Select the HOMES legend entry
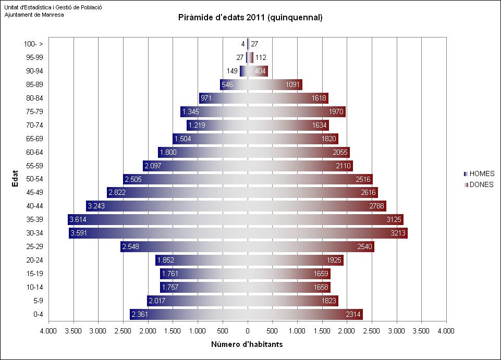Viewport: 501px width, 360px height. click(481, 174)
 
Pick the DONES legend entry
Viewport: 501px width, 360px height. click(481, 184)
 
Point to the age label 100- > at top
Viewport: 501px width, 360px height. click(33, 44)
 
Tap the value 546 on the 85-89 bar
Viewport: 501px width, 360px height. click(227, 84)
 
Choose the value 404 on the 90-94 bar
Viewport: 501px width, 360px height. click(261, 71)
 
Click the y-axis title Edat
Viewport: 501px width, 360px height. click(16, 179)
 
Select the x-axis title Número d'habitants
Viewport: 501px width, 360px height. click(247, 344)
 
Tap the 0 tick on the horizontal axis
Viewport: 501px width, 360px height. click(248, 330)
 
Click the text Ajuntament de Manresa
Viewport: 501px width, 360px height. click(34, 15)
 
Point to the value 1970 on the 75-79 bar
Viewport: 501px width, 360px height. click(336, 111)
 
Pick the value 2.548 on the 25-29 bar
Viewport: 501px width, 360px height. click(131, 246)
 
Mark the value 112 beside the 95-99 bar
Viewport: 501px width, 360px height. click(261, 57)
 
